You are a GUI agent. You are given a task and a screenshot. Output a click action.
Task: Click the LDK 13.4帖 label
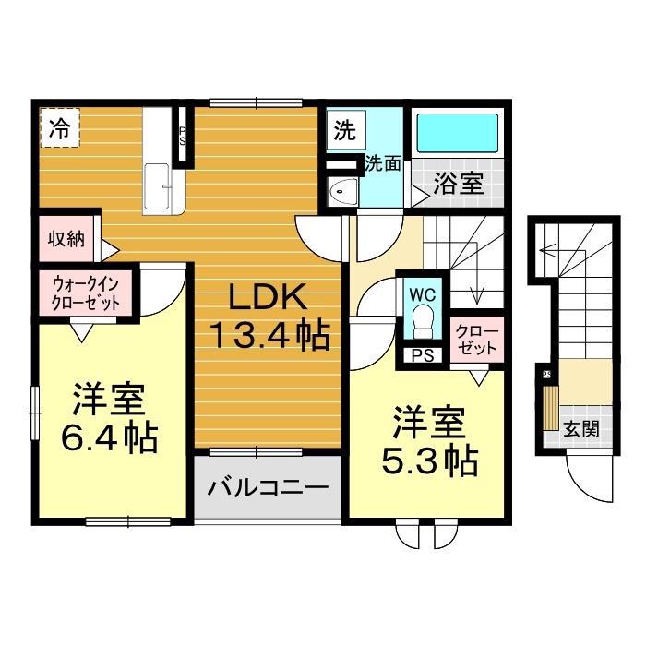(x=269, y=316)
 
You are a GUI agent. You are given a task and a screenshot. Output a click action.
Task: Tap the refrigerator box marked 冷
(x=60, y=127)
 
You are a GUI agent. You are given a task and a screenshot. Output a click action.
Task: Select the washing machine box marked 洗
(x=345, y=130)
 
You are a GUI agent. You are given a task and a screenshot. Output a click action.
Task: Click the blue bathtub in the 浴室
(x=458, y=134)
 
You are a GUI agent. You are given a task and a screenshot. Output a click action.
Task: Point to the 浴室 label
(x=458, y=183)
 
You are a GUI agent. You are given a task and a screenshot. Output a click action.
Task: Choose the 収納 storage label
(x=66, y=238)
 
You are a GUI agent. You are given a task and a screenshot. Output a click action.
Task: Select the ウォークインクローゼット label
(x=86, y=293)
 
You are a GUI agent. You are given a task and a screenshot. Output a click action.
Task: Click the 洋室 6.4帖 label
(x=109, y=418)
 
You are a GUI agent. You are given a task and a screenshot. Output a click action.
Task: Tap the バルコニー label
(x=269, y=487)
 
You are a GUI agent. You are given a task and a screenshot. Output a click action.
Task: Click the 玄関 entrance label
(x=580, y=430)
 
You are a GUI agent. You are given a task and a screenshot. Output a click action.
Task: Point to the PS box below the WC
(x=423, y=355)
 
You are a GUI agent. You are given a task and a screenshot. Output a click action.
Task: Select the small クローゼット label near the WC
(x=477, y=341)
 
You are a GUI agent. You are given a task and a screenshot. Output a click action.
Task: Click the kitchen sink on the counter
(x=157, y=186)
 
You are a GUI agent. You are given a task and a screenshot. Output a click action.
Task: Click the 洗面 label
(x=383, y=163)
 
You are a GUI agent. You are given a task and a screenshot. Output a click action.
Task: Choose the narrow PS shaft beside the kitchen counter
(x=182, y=135)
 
